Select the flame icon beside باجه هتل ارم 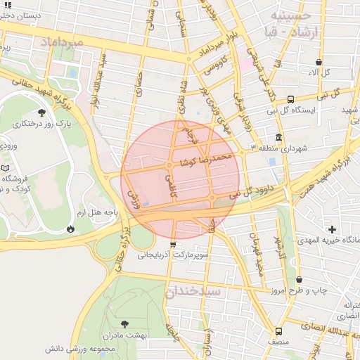click(70, 229)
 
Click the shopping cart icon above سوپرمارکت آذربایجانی click(174, 245)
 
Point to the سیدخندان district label click(193, 291)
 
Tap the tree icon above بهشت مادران click(125, 323)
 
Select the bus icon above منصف click(279, 331)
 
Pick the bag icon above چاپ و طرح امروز click(300, 279)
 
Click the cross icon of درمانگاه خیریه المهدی click(333, 229)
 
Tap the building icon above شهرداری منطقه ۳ click(280, 137)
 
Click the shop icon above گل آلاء click(320, 62)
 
